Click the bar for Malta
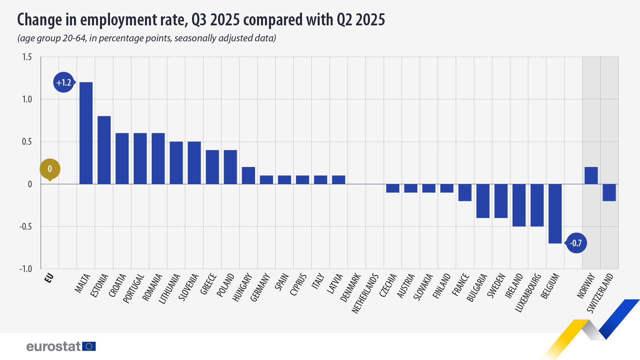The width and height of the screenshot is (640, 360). point(86,133)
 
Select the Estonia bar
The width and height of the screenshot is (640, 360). point(104,150)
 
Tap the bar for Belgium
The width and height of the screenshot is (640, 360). point(555,213)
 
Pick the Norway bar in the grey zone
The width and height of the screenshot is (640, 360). point(591,176)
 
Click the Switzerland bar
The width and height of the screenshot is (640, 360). point(609,192)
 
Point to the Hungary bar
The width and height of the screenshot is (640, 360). point(248,176)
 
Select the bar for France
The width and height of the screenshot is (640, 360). point(465,192)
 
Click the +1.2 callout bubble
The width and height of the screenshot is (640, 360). point(63,82)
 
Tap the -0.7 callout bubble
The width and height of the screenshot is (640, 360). point(576,243)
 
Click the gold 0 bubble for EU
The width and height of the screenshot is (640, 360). point(50,169)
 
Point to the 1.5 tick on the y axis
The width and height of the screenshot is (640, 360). point(27,57)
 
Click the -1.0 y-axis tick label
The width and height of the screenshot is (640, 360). point(26,269)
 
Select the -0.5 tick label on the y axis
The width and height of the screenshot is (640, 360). point(26,227)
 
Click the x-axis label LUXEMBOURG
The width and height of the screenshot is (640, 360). point(528,293)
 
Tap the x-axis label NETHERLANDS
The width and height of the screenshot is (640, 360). point(365,294)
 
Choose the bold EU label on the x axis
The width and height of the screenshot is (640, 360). point(49,278)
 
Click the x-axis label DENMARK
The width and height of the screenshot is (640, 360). point(350,287)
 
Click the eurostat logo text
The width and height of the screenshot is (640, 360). point(53,347)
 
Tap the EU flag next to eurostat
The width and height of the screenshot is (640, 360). point(89,346)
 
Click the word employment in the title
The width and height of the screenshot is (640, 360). point(132,20)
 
